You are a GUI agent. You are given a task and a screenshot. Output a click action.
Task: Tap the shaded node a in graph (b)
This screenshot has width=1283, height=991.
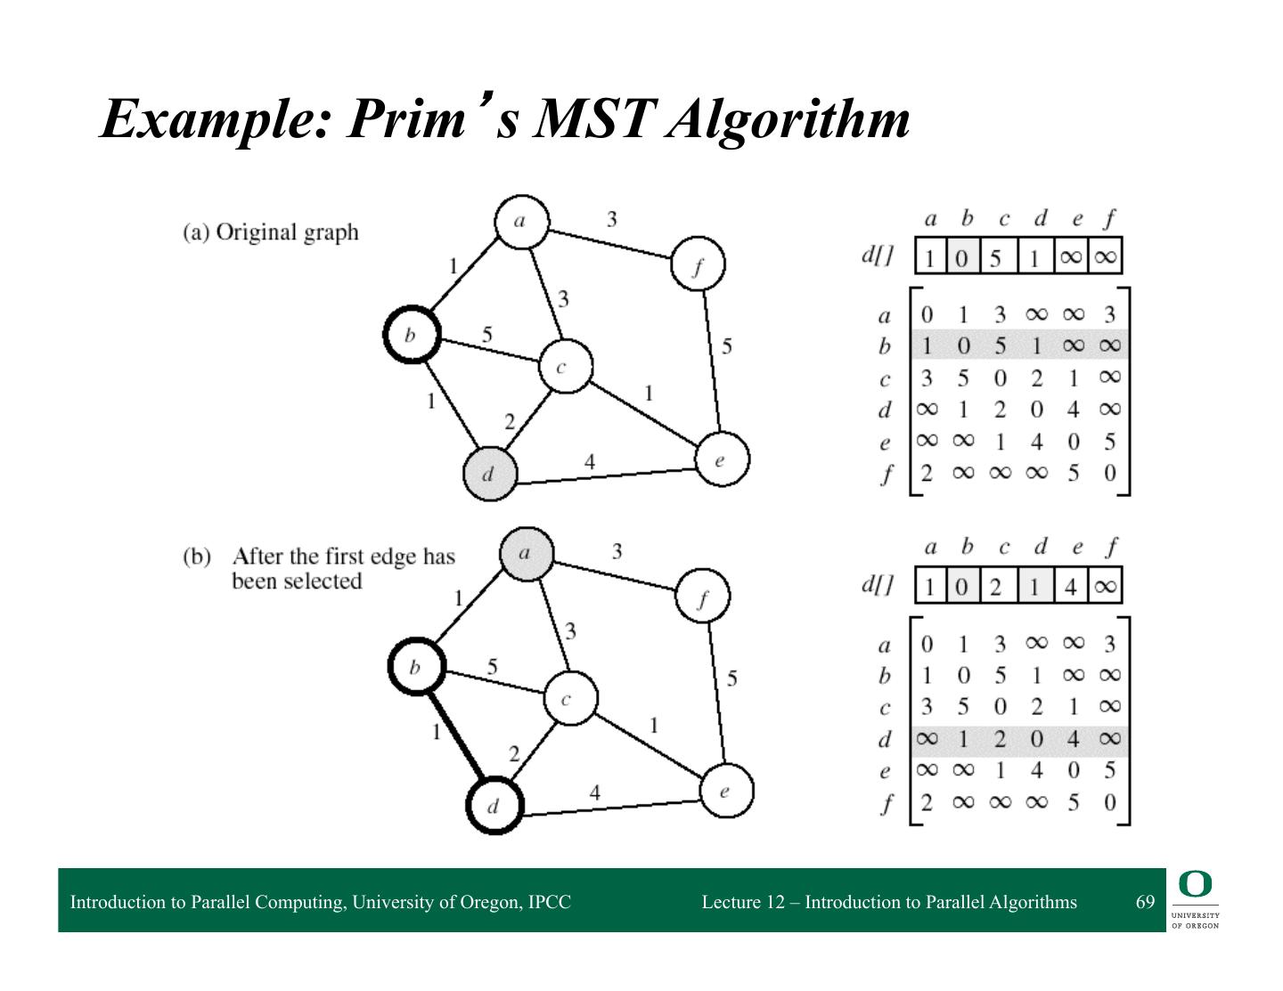(x=526, y=554)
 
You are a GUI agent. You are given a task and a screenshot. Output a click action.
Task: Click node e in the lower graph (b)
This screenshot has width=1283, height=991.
(x=725, y=790)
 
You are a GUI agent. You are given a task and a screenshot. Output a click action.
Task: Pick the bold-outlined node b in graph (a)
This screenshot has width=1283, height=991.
(x=411, y=335)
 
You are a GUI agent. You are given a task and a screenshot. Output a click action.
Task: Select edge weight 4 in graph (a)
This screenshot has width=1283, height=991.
(x=589, y=461)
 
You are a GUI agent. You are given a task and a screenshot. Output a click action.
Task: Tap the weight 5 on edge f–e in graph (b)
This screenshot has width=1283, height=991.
(x=732, y=678)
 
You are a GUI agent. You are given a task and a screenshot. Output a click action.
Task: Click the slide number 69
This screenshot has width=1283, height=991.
(x=1145, y=902)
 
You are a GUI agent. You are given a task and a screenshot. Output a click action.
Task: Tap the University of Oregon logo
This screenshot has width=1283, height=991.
(x=1196, y=900)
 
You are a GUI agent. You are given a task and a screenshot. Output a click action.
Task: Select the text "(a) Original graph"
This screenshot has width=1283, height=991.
(x=270, y=232)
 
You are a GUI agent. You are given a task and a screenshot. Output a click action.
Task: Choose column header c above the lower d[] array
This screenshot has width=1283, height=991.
(x=1004, y=548)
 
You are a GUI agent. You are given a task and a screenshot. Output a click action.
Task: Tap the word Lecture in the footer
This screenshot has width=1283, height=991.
(x=731, y=902)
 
